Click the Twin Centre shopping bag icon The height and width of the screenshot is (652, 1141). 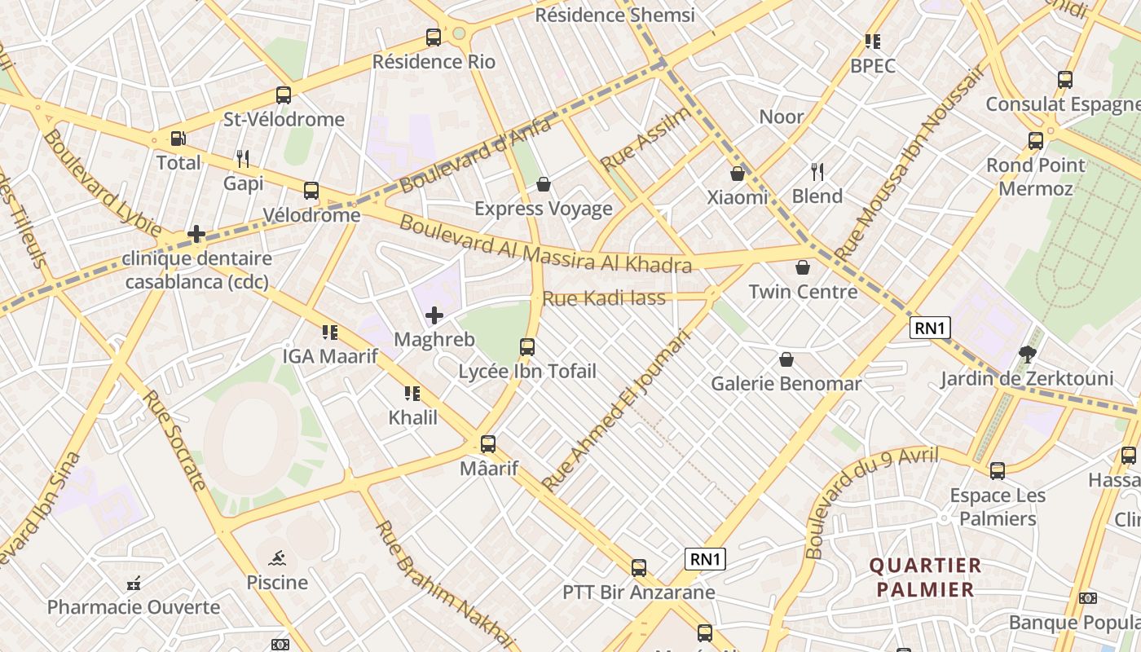pyautogui.click(x=803, y=267)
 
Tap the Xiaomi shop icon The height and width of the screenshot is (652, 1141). pyautogui.click(x=737, y=174)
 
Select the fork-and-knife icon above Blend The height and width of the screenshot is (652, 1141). pyautogui.click(x=817, y=172)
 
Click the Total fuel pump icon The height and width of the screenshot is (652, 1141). pyautogui.click(x=178, y=139)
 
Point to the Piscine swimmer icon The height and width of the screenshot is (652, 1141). pyautogui.click(x=278, y=559)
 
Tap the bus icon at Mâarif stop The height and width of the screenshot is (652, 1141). pyautogui.click(x=488, y=444)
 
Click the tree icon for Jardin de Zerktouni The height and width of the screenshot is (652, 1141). pyautogui.click(x=1027, y=355)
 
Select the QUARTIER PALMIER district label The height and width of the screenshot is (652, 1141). pyautogui.click(x=924, y=577)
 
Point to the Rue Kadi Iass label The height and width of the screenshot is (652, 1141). pyautogui.click(x=604, y=298)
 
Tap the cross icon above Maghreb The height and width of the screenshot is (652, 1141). pyautogui.click(x=434, y=315)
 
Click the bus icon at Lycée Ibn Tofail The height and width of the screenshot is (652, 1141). pyautogui.click(x=527, y=347)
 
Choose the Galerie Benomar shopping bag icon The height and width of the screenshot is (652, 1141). pyautogui.click(x=786, y=359)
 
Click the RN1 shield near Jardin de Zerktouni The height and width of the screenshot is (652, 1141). pyautogui.click(x=930, y=328)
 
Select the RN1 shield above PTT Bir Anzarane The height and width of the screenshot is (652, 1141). pyautogui.click(x=705, y=559)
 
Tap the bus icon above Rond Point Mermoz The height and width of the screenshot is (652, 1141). pyautogui.click(x=1036, y=141)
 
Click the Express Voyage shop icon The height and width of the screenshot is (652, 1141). pyautogui.click(x=544, y=185)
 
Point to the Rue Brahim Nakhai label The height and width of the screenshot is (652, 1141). pyautogui.click(x=445, y=585)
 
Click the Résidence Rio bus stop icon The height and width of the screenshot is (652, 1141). pyautogui.click(x=434, y=37)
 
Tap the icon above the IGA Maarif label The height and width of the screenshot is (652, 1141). pyautogui.click(x=330, y=333)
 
